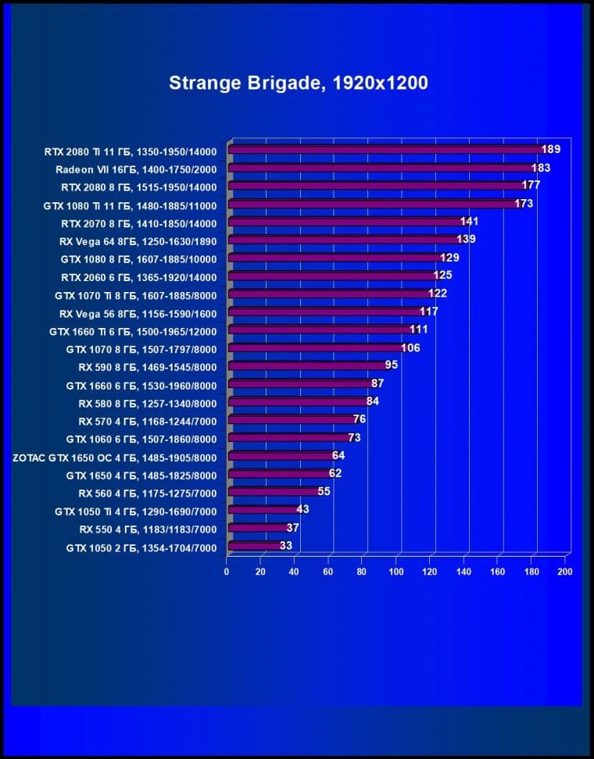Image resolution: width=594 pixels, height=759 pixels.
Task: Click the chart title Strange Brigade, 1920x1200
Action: click(x=299, y=84)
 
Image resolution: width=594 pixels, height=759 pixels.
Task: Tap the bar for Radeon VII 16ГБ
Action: click(x=382, y=168)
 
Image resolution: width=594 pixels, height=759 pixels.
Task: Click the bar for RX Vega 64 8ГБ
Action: click(x=345, y=239)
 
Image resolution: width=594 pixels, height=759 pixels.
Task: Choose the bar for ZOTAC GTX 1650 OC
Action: click(x=281, y=456)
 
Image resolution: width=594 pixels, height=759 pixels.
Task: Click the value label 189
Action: click(x=551, y=149)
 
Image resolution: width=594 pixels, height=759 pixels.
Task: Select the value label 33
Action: click(x=285, y=546)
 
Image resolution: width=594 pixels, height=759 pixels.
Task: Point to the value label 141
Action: click(x=469, y=222)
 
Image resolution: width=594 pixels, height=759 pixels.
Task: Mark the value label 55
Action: click(x=324, y=492)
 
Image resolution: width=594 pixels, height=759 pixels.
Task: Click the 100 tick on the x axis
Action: click(x=396, y=572)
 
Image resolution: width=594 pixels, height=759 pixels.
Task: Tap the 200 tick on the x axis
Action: click(x=565, y=572)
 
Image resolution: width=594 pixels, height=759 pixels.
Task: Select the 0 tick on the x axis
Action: click(x=227, y=572)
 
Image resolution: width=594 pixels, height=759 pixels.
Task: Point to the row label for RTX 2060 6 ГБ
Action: click(x=138, y=276)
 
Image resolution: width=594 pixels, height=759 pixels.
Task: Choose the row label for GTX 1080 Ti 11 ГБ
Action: click(x=130, y=205)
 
